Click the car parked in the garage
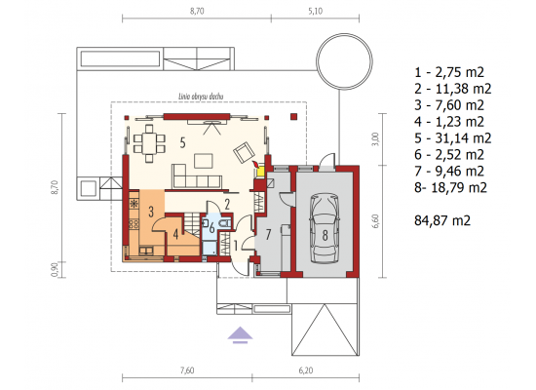click(x=325, y=228)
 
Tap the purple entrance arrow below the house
click(x=241, y=334)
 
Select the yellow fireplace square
click(x=260, y=172)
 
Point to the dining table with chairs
click(x=149, y=143)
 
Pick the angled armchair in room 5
click(x=244, y=151)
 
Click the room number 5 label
click(x=183, y=142)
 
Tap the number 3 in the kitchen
click(x=151, y=213)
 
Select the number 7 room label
click(x=268, y=235)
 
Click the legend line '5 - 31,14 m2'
click(x=452, y=138)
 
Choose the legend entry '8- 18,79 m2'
click(x=450, y=188)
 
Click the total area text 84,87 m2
click(x=442, y=220)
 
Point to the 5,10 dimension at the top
click(x=315, y=11)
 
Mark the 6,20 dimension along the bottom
click(x=306, y=370)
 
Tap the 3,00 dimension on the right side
click(x=375, y=139)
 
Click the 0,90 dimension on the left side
click(x=55, y=269)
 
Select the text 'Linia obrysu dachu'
click(x=201, y=97)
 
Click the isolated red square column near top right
click(x=293, y=117)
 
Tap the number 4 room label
click(x=175, y=235)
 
